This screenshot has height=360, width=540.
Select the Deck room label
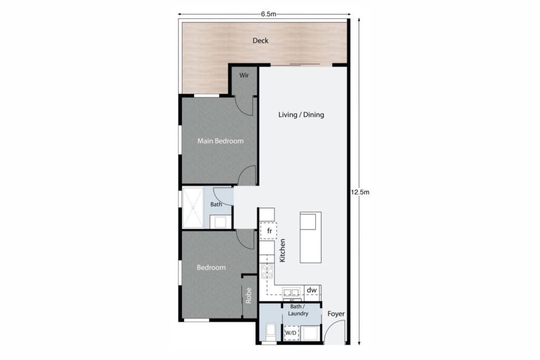coord(261,41)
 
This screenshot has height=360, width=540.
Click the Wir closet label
coord(244,75)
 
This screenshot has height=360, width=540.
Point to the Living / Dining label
coord(301,114)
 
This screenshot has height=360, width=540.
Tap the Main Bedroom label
coord(220,141)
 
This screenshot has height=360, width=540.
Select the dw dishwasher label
coord(312,290)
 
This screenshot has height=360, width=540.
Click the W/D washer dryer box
coord(291,333)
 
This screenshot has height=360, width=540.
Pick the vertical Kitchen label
coord(282,251)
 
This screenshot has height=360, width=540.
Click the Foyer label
coord(336,314)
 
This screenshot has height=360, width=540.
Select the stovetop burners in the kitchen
coord(267,271)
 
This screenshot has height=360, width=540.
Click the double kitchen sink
coord(291,293)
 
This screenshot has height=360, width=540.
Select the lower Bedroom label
coord(211,267)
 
